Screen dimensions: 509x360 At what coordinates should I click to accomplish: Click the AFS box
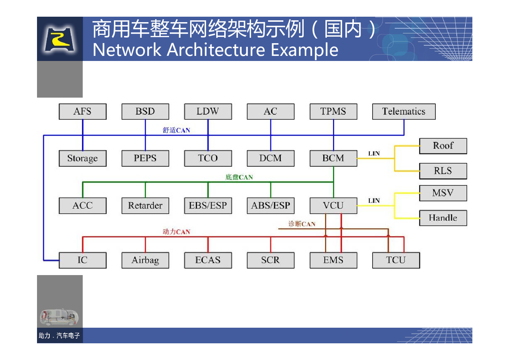click(82, 111)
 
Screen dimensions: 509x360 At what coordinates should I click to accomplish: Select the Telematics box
click(404, 111)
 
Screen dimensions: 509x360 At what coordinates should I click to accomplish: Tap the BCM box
click(333, 158)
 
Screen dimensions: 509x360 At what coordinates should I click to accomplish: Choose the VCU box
click(333, 205)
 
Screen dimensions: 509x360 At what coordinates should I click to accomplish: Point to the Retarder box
click(145, 205)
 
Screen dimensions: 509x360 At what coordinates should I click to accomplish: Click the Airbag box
click(145, 260)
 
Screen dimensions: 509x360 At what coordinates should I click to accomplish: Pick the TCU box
click(396, 260)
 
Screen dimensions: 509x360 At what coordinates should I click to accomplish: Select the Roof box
click(443, 146)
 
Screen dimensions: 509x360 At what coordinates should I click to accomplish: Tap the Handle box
click(443, 218)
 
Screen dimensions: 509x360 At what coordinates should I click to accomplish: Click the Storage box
click(82, 158)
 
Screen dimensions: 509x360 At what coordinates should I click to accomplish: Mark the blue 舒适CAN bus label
click(176, 130)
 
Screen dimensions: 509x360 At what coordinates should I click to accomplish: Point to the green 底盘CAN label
click(239, 177)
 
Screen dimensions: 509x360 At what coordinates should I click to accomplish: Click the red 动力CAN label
click(176, 232)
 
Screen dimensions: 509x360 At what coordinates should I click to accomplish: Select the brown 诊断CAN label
click(302, 224)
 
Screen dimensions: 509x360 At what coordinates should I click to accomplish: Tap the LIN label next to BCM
click(374, 154)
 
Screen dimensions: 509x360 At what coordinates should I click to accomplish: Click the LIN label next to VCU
click(374, 201)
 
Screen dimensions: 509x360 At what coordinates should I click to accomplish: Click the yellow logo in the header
click(60, 39)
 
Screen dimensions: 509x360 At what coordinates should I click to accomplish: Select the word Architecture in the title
click(216, 50)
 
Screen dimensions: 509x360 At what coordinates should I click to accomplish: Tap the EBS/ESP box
click(208, 205)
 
